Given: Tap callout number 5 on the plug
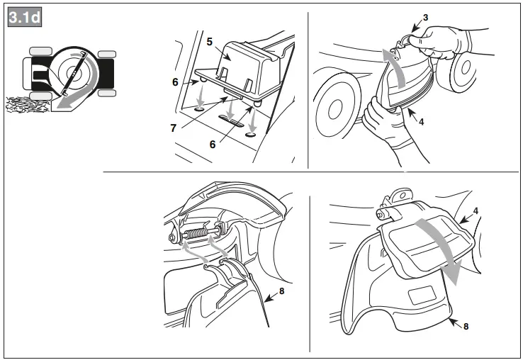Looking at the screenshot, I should (x=209, y=42).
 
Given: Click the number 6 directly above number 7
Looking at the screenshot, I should (x=174, y=82).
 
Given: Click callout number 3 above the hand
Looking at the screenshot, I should (x=426, y=16).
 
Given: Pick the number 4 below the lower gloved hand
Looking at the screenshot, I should (x=421, y=121).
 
